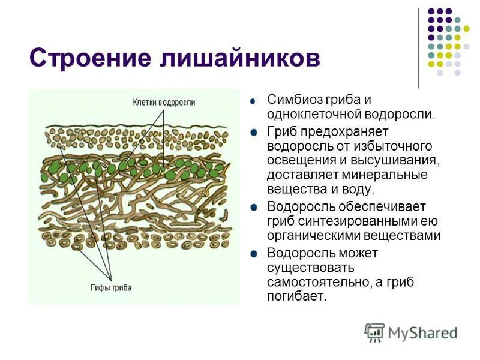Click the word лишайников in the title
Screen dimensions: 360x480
233,59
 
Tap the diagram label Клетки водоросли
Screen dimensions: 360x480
164,103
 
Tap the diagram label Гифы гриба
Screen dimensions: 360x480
112,287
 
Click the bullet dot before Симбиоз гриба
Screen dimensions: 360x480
255,101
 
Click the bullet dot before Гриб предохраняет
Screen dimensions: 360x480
255,131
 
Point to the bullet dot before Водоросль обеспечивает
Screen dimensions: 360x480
255,206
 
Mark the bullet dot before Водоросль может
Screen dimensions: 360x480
255,252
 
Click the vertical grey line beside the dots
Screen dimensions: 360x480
418,48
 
